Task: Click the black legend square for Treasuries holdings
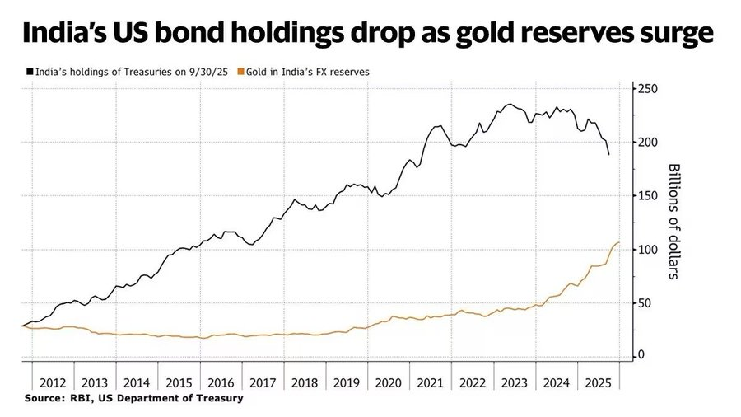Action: tap(30, 72)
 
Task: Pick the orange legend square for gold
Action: tap(240, 72)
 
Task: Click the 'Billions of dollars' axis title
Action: tap(673, 220)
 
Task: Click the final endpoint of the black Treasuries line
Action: tap(609, 154)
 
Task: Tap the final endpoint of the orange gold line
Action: tap(619, 242)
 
